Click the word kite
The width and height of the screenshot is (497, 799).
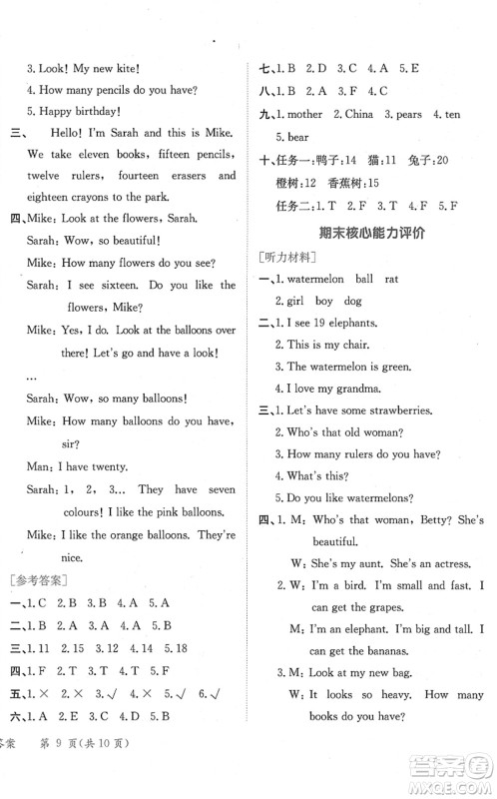tap(122, 68)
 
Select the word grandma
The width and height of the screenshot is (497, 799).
tap(355, 389)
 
